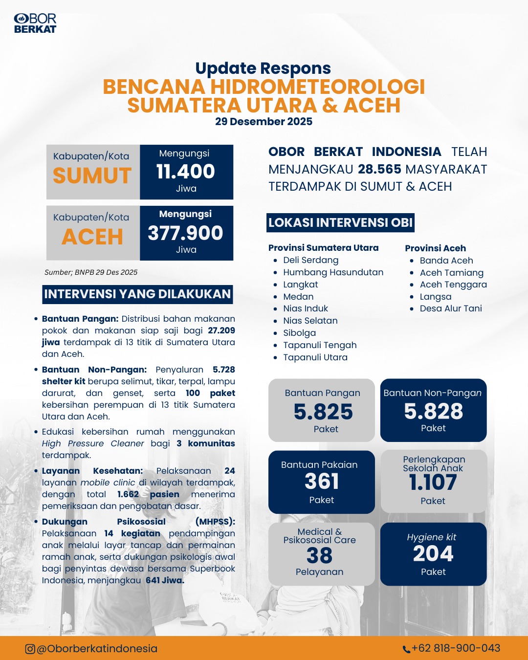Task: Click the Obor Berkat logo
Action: click(35, 23)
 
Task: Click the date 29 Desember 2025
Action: click(264, 122)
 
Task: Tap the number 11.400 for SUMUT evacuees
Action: click(186, 172)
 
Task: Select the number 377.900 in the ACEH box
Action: click(186, 233)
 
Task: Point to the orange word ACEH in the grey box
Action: click(92, 237)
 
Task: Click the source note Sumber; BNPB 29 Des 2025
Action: click(91, 272)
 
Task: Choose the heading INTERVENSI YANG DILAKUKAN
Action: click(137, 294)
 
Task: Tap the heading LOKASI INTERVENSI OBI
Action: click(340, 222)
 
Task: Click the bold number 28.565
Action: click(379, 169)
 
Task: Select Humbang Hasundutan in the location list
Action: click(333, 272)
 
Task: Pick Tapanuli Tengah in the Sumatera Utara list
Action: click(320, 345)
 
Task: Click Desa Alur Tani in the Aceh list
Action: click(451, 308)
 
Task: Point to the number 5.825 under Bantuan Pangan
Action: click(323, 412)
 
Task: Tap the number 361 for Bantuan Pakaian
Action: click(322, 482)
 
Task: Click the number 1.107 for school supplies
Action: click(433, 483)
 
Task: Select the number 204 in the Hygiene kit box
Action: click(433, 554)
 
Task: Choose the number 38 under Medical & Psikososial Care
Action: click(320, 556)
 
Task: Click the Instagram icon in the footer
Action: click(30, 649)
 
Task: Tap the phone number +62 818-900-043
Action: click(456, 648)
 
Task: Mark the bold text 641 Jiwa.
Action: click(165, 580)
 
